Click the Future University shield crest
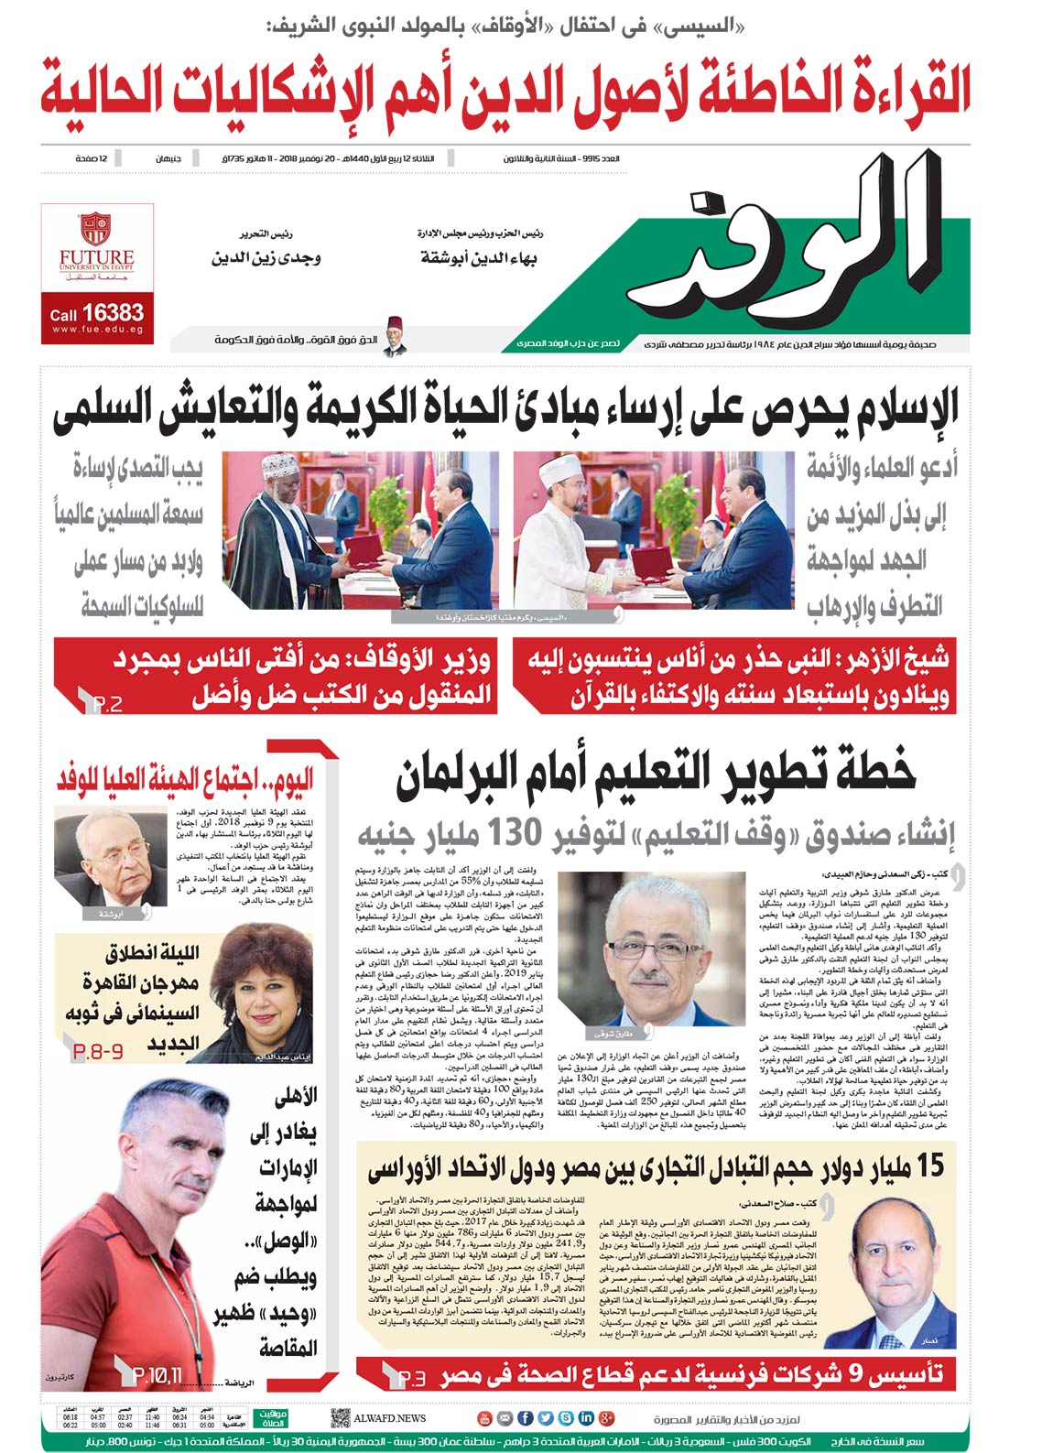(95, 228)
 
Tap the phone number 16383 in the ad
(113, 313)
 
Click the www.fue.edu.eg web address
(97, 330)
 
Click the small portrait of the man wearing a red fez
(394, 336)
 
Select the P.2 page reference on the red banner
(106, 704)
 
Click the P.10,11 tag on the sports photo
(157, 1374)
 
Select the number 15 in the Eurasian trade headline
(927, 1166)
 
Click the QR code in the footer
(340, 1417)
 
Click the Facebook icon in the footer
(525, 1418)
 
